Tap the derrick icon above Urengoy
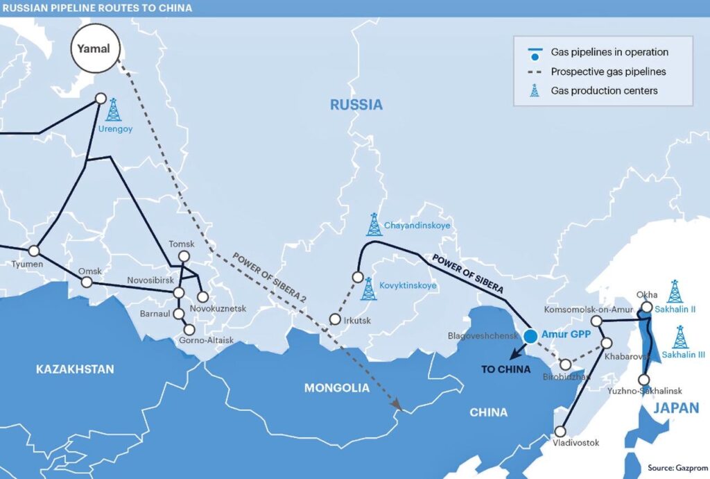(x=113, y=110)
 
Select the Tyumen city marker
(x=33, y=251)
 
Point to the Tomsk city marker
(x=184, y=256)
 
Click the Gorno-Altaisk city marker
(x=189, y=330)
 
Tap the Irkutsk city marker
(x=335, y=320)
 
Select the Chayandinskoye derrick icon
(x=374, y=224)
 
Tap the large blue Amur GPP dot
(x=530, y=336)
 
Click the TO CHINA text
(x=505, y=369)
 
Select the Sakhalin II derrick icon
(x=674, y=292)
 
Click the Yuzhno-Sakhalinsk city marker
(x=643, y=380)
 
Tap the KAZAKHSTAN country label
(x=75, y=369)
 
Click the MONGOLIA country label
(x=337, y=388)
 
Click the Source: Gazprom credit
(x=676, y=467)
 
